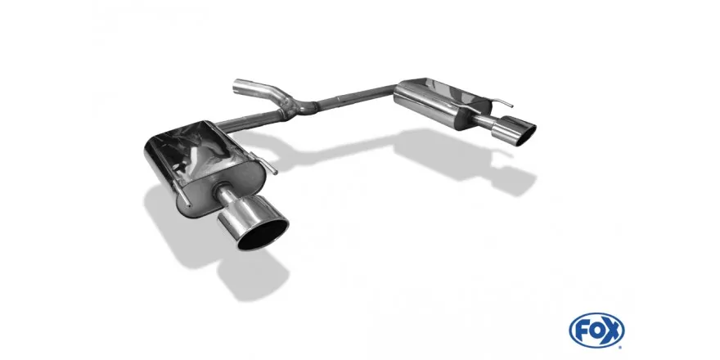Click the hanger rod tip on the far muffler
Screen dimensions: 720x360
(511, 106)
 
